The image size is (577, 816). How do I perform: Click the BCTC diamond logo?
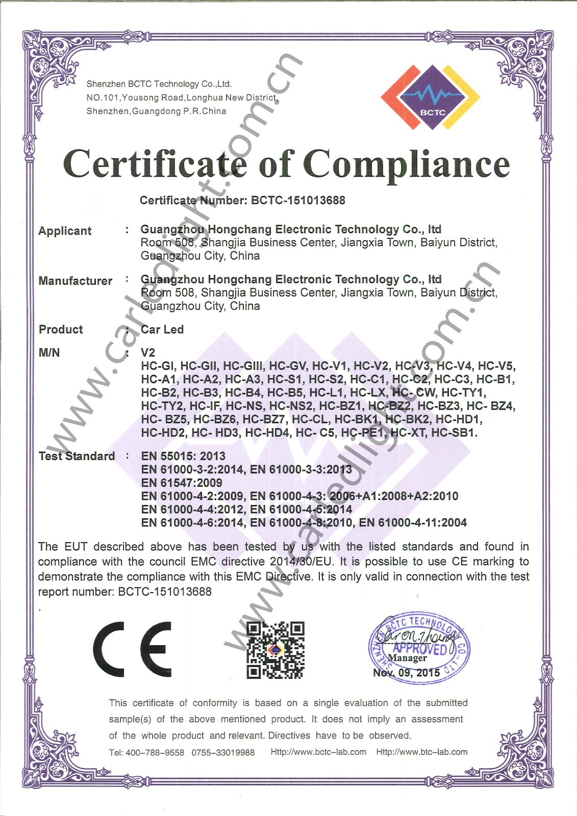tap(431, 97)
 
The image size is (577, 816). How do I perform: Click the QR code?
tap(275, 650)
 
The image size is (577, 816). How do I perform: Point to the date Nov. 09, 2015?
tap(406, 673)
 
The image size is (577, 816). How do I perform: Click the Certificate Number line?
tap(242, 200)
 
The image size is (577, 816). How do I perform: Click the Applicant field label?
tap(65, 231)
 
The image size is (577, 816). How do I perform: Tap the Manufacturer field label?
tap(75, 280)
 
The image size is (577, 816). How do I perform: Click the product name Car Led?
tap(162, 329)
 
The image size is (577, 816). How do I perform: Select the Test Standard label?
tap(77, 456)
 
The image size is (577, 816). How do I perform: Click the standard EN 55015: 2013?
tap(183, 456)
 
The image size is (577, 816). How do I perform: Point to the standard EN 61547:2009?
tap(182, 482)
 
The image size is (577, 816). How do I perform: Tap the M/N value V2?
tap(148, 352)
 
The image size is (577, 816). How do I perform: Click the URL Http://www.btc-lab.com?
tap(421, 752)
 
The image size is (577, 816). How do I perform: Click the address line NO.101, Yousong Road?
tap(182, 97)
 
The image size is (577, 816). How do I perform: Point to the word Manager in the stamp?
tap(407, 658)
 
